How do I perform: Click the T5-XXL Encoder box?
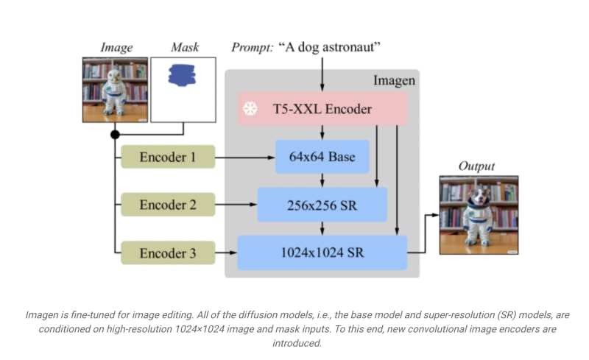tap(322, 109)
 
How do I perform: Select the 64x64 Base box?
tap(322, 157)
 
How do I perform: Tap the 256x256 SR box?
tap(322, 205)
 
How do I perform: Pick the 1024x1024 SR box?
tap(322, 253)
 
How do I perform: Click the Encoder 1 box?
tap(167, 157)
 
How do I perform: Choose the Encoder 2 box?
tap(167, 205)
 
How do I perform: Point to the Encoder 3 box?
tap(167, 253)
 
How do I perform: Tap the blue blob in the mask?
tap(183, 74)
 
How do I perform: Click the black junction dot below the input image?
tap(115, 134)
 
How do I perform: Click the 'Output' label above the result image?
tap(476, 166)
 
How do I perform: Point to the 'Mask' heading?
tap(185, 48)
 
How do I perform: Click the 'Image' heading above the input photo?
tap(116, 48)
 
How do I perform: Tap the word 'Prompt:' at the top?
tap(253, 48)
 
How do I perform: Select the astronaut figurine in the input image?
tap(116, 92)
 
